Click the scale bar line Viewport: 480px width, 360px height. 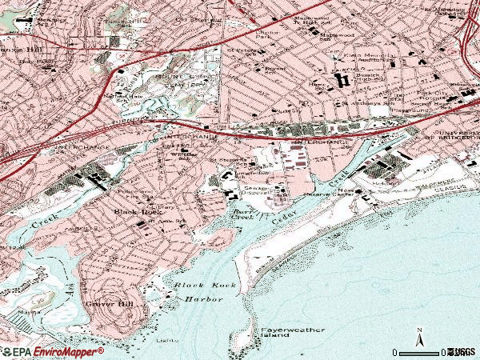coord(420,352)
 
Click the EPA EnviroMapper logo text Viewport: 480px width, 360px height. coord(53,351)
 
